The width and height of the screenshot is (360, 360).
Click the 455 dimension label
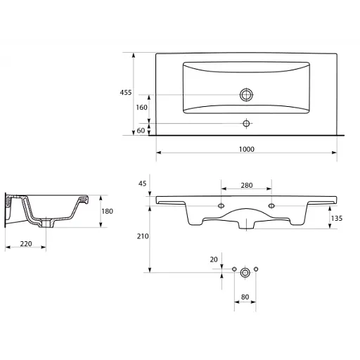point(126,93)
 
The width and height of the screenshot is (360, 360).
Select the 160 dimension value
point(141,108)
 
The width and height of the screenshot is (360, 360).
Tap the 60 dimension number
point(141,131)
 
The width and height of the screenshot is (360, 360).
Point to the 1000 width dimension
point(247,149)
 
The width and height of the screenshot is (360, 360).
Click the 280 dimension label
point(247,186)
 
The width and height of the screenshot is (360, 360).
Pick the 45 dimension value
point(142,184)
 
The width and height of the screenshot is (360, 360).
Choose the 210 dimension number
point(143,236)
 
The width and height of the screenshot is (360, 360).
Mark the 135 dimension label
point(337,219)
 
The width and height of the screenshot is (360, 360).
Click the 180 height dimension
point(107,212)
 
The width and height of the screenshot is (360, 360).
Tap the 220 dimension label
point(26,244)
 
